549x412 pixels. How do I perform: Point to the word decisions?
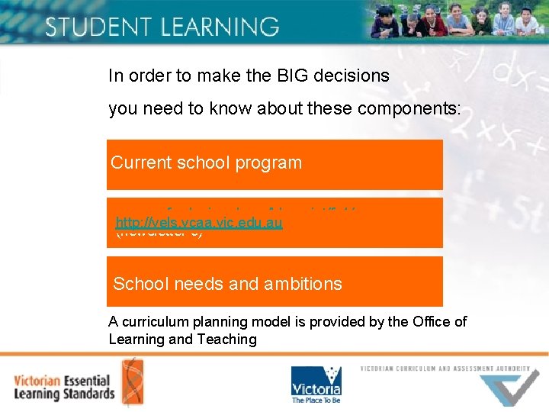point(351,76)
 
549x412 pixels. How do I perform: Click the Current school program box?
point(274,164)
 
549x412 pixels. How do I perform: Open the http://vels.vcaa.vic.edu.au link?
point(199,223)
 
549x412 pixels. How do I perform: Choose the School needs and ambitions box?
point(274,282)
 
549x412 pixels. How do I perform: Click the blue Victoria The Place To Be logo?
point(316,385)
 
